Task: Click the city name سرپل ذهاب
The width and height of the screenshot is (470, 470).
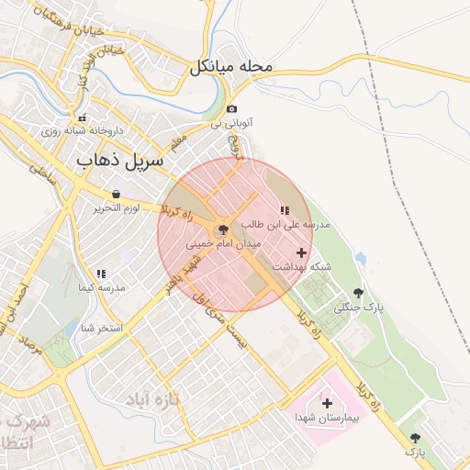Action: (119, 160)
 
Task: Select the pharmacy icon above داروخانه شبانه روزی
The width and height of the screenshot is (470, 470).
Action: (83, 117)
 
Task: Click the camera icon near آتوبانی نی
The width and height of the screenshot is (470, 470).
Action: (231, 109)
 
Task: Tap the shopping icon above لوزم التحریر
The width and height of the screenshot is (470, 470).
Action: (117, 194)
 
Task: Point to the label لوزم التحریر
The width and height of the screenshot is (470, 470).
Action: (117, 208)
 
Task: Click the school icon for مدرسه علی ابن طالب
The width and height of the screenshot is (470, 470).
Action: (284, 210)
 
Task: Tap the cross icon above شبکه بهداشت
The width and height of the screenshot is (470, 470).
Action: (301, 252)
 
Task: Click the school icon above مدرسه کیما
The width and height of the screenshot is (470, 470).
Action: (101, 274)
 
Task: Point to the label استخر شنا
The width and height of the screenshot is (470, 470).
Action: (101, 328)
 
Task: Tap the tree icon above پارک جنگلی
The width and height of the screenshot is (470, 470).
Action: (358, 292)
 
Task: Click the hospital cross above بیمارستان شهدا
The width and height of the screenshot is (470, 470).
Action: (327, 402)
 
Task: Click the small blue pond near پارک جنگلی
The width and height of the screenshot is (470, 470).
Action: (361, 259)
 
